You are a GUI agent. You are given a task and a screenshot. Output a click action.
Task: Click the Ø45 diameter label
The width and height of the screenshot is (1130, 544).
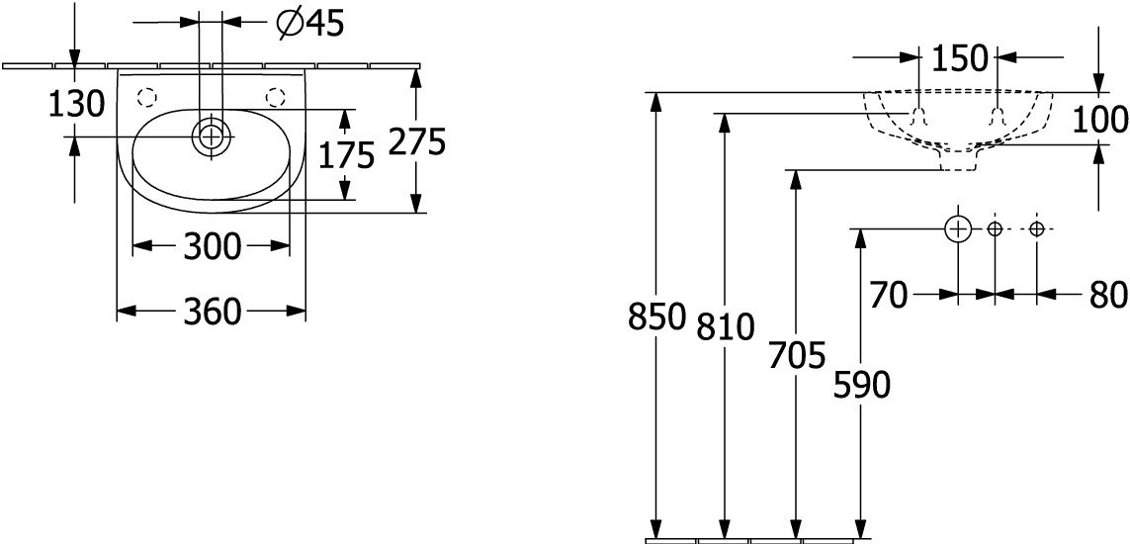click(310, 24)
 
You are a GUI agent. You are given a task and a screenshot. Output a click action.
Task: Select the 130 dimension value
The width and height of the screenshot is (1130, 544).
click(76, 105)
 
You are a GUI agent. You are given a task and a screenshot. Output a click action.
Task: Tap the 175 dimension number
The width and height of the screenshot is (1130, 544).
click(347, 154)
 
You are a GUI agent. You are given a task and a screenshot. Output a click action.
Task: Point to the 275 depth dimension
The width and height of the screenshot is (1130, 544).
click(417, 141)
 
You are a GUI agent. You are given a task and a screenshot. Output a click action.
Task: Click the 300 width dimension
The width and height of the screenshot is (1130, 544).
click(212, 247)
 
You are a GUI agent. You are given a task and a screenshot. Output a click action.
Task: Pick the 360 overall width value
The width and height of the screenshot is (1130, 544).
click(212, 312)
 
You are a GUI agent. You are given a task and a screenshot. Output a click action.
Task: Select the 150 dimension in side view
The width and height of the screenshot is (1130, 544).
click(959, 57)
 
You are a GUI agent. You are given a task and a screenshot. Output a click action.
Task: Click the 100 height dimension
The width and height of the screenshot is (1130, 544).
click(1100, 119)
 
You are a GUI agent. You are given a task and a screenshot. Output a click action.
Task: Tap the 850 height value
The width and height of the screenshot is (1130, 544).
click(655, 317)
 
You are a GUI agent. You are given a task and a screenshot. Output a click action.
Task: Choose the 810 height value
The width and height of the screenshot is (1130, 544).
click(725, 327)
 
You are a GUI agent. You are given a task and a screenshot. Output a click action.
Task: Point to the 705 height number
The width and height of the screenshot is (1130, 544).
click(796, 355)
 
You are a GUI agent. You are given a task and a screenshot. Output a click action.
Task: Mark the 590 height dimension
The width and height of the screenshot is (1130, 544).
click(861, 386)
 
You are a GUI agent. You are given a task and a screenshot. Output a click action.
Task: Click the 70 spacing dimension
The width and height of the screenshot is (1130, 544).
click(889, 296)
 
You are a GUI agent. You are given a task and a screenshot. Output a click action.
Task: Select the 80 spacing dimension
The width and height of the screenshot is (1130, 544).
click(1108, 295)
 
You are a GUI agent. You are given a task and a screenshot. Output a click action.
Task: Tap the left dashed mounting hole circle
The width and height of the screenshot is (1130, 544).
click(147, 97)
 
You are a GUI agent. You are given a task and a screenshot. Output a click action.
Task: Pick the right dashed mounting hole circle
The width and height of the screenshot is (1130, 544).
click(275, 97)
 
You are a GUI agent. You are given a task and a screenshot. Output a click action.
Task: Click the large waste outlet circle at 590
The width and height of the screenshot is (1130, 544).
click(958, 229)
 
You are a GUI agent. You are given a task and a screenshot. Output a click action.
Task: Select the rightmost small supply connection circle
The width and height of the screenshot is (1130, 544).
click(1037, 229)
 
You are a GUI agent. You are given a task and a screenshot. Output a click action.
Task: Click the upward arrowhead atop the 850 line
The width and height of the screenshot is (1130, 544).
click(655, 102)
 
